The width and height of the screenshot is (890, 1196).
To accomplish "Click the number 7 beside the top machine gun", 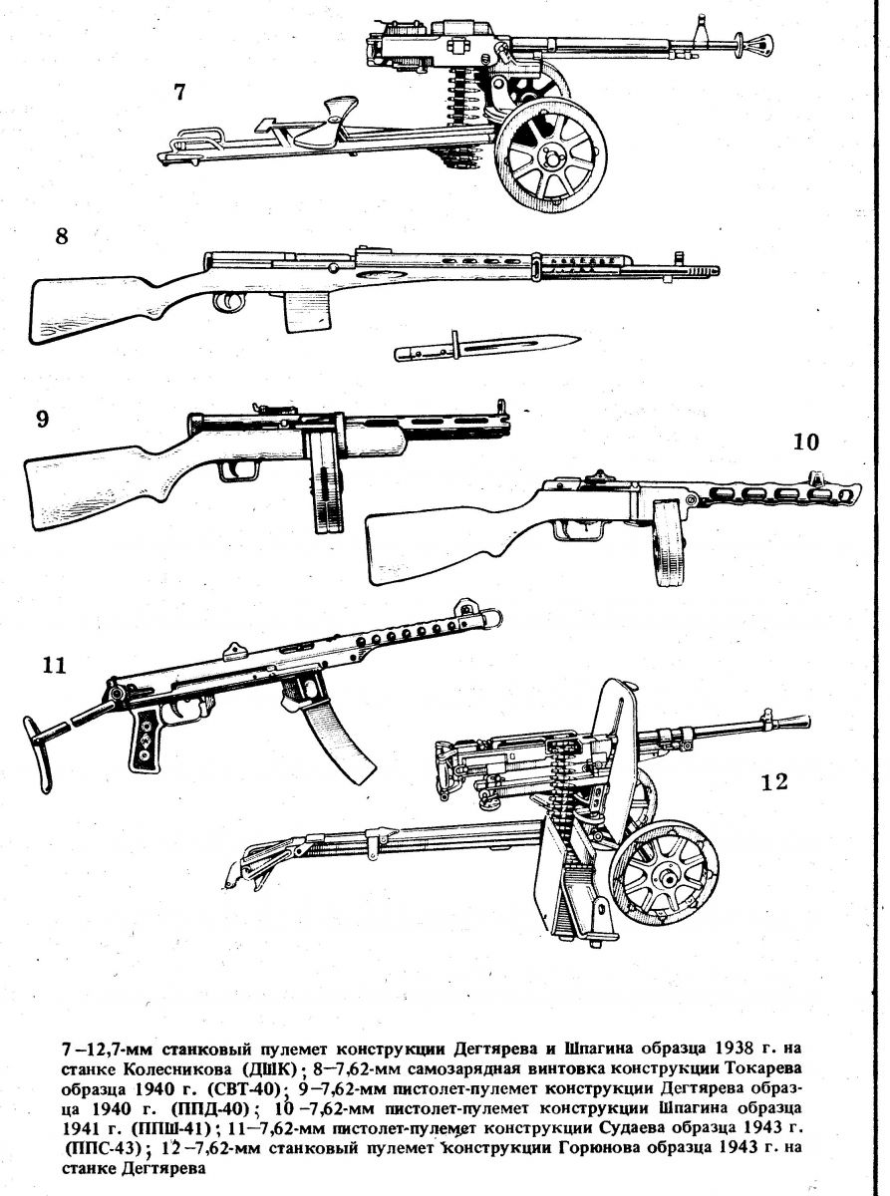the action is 179,93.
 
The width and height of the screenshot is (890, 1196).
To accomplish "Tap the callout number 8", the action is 62,236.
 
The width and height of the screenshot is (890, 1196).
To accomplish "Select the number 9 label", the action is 43,419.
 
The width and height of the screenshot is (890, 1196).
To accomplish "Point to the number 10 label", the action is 806,443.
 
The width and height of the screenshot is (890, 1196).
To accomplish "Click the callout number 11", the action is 54,665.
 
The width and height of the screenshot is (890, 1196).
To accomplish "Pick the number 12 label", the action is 774,781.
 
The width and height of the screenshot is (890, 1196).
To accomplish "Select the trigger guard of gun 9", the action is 238,468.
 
